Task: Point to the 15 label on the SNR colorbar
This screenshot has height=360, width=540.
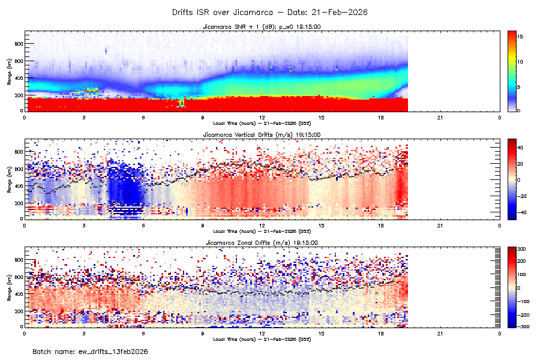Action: (x=521, y=37)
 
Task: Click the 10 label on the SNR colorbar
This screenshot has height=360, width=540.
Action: (x=521, y=62)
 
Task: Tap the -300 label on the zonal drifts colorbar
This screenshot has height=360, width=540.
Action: (x=523, y=326)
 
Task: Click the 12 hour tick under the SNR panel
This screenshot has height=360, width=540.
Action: (x=262, y=117)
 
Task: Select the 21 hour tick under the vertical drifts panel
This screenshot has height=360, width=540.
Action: (x=440, y=225)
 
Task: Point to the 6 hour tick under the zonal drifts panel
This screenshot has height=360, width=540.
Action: (x=143, y=333)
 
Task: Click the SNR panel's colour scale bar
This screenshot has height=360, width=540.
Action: (x=512, y=70)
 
